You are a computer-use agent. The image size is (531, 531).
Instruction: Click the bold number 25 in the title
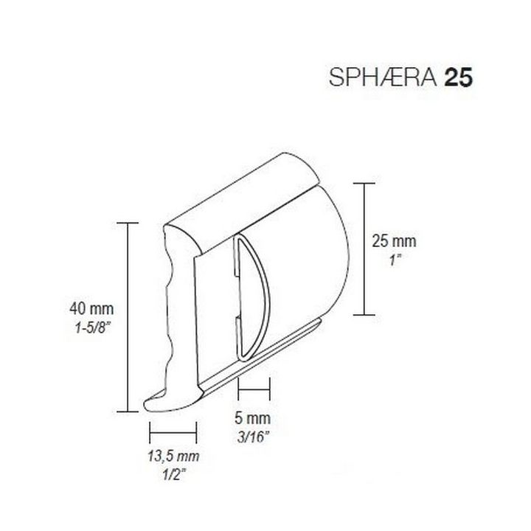point(458,79)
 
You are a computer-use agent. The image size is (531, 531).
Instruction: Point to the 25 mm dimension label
point(394,240)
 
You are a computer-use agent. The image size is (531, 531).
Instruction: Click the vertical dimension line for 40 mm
point(128,317)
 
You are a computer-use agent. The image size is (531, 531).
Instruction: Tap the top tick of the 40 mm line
point(128,222)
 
